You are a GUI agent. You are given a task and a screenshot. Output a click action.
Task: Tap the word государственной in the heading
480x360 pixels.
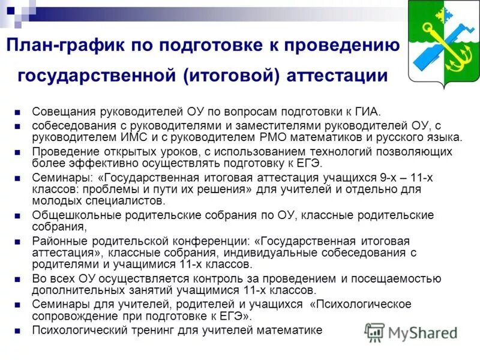(x=96, y=76)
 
